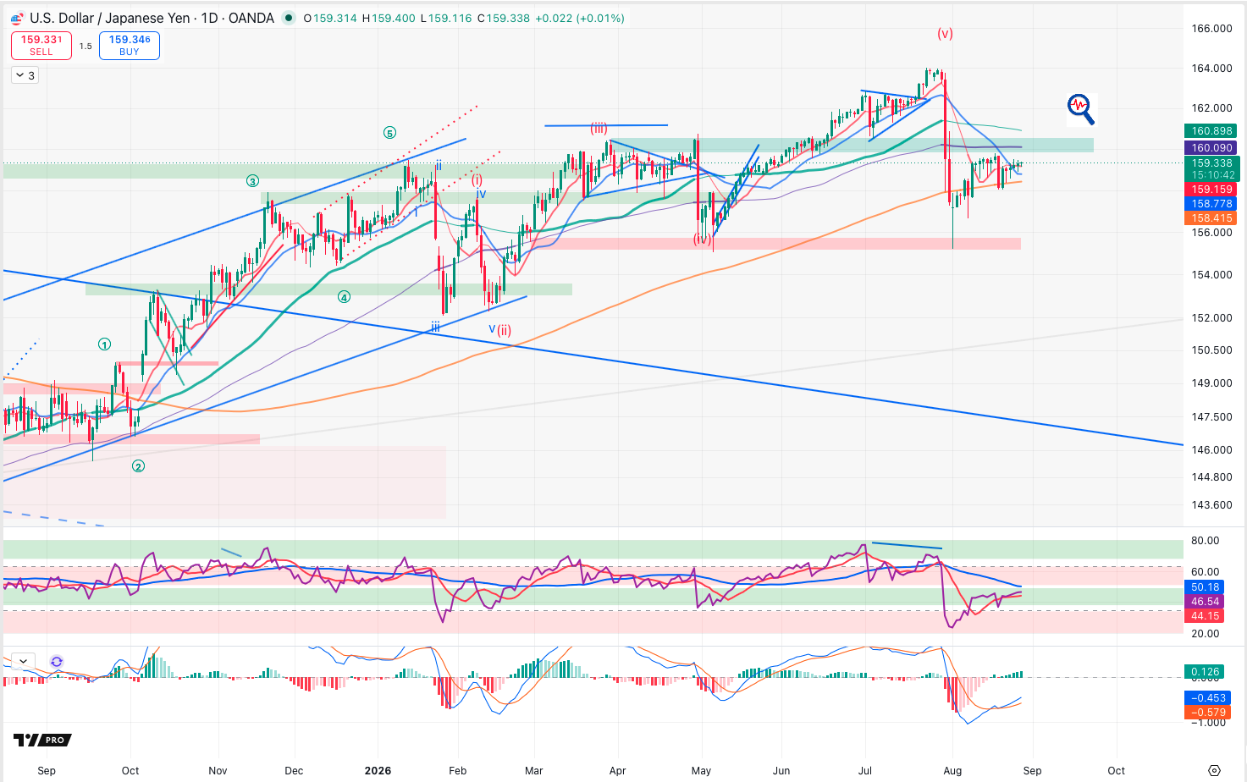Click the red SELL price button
(x=41, y=45)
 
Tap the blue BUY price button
(x=130, y=45)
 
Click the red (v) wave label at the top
(x=945, y=33)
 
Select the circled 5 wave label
(x=389, y=133)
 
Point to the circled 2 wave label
(x=138, y=466)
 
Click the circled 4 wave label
(x=344, y=297)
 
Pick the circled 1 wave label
(x=104, y=344)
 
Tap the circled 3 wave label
(x=253, y=181)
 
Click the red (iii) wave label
(x=599, y=129)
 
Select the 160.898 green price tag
(x=1211, y=131)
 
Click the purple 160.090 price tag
(x=1211, y=147)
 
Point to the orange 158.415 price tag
(x=1211, y=218)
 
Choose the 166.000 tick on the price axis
(x=1211, y=29)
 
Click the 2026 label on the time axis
(x=378, y=771)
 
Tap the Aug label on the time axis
(x=952, y=771)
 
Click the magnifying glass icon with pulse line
(x=1080, y=108)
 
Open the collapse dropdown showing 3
(x=25, y=75)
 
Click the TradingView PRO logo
(x=43, y=740)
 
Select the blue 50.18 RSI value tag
(x=1205, y=586)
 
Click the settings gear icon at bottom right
(x=1214, y=771)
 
